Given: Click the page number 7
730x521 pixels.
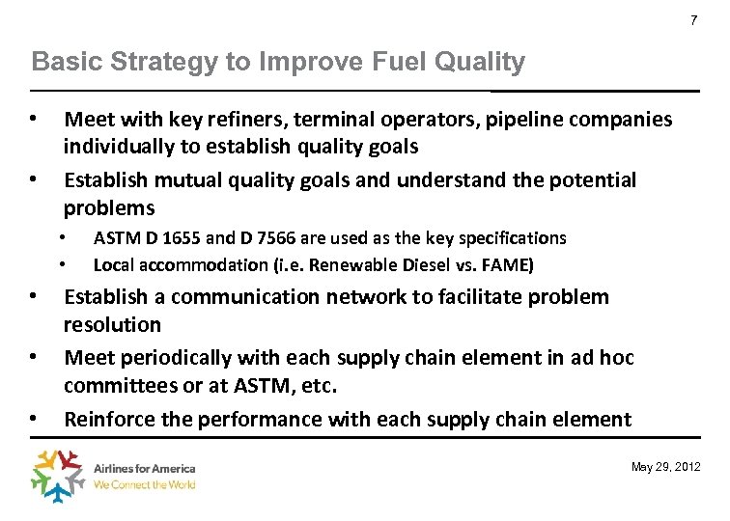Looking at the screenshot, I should point(693,21).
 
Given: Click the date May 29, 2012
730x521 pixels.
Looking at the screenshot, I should point(666,468).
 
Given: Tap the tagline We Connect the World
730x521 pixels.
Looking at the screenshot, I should point(144,485).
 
